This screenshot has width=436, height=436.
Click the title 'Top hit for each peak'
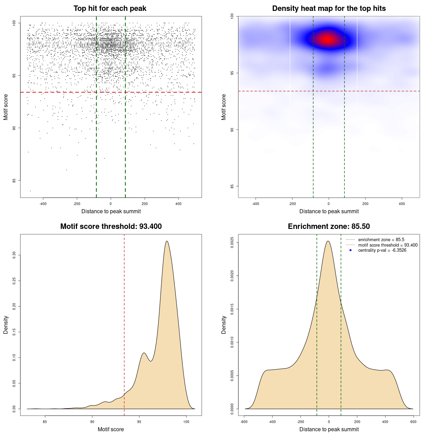(x=110, y=9)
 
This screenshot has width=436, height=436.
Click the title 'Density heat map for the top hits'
(x=329, y=9)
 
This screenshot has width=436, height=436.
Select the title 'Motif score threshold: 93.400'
(x=111, y=227)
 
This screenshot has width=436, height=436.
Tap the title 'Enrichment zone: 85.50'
(x=329, y=227)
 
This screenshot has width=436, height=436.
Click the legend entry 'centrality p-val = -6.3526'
(x=382, y=250)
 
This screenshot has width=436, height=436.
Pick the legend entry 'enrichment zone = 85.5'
(x=381, y=240)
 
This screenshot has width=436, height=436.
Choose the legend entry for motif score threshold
(x=388, y=245)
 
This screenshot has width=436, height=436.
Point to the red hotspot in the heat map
(x=328, y=40)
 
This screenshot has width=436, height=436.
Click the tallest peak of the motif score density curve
(x=167, y=241)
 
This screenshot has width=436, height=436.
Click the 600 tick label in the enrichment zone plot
(x=413, y=422)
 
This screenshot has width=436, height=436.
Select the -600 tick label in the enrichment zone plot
(x=244, y=422)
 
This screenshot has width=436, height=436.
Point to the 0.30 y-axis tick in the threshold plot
(x=14, y=255)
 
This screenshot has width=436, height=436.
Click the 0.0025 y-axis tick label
(x=232, y=242)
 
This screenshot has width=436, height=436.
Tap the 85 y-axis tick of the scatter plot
(x=14, y=181)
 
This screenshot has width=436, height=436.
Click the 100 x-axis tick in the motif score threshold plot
(x=186, y=422)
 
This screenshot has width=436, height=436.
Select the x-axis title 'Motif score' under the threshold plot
(x=111, y=430)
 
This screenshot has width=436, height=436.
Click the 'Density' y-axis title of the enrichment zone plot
(x=224, y=325)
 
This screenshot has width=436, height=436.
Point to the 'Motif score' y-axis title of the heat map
(x=224, y=107)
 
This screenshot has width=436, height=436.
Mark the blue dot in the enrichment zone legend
(x=351, y=250)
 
